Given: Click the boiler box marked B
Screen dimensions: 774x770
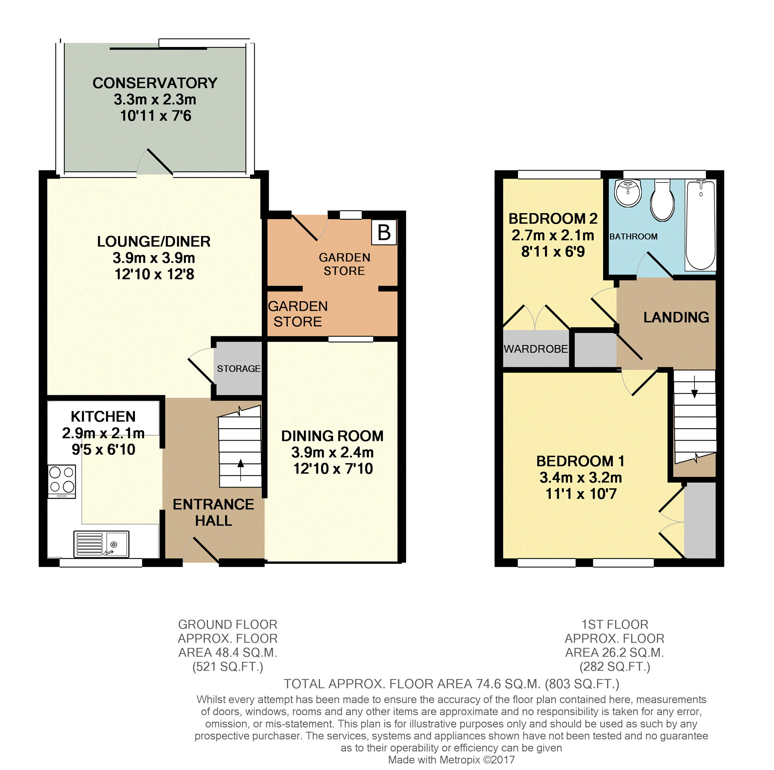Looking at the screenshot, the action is [x=384, y=232].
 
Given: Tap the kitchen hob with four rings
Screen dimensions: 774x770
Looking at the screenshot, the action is [x=62, y=481].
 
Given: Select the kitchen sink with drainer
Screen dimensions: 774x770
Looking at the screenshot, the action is [x=101, y=544].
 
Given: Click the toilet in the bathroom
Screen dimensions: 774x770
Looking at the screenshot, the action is [x=662, y=200].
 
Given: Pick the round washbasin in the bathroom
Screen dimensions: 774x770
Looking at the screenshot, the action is [x=628, y=193].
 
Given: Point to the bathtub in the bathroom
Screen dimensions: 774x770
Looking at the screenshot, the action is [x=700, y=225].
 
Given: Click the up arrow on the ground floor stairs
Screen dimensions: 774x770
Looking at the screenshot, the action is [x=240, y=470].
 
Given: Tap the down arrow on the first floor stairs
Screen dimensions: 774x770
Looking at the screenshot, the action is [x=694, y=387].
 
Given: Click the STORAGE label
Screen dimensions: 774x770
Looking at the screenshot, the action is [x=239, y=369].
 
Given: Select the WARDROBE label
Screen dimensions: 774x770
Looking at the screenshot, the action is [x=535, y=349].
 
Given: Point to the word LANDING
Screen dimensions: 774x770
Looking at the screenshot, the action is [x=676, y=317].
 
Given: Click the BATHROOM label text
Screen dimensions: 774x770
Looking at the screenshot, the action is [x=633, y=237].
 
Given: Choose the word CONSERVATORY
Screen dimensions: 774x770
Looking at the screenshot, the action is [x=155, y=83].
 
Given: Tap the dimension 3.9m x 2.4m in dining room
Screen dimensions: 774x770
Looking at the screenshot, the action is [x=333, y=452].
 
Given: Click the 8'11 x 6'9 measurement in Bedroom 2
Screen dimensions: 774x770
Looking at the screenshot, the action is [x=553, y=251].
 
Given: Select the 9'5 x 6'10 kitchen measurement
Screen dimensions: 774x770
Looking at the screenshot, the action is [x=103, y=449].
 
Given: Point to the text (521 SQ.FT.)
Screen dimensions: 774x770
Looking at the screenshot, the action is [x=227, y=667].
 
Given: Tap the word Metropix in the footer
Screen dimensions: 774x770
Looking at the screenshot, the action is [x=459, y=760].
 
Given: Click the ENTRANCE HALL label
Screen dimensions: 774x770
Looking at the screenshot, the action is [x=214, y=512].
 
